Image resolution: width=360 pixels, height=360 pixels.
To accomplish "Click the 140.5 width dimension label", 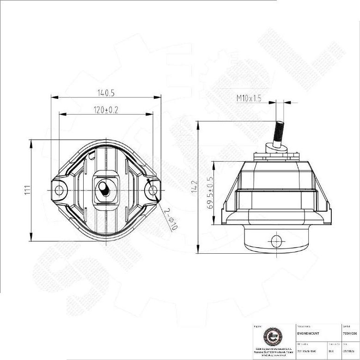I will tap(106, 93).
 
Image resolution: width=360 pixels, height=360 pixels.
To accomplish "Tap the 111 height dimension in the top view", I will tap(27, 190).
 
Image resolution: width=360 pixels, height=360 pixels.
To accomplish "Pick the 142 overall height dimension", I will tap(195, 187).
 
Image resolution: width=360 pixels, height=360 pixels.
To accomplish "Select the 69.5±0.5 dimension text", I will tap(210, 193).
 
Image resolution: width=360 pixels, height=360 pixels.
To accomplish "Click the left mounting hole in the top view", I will tap(59, 190).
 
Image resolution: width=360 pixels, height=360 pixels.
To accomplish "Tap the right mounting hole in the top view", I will tap(152, 190).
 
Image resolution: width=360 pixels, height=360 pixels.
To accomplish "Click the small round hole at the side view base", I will tap(276, 240).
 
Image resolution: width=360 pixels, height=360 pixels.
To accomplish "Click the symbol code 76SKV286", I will tap(350, 333).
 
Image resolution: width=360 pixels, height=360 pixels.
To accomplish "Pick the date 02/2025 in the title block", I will tap(349, 351).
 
